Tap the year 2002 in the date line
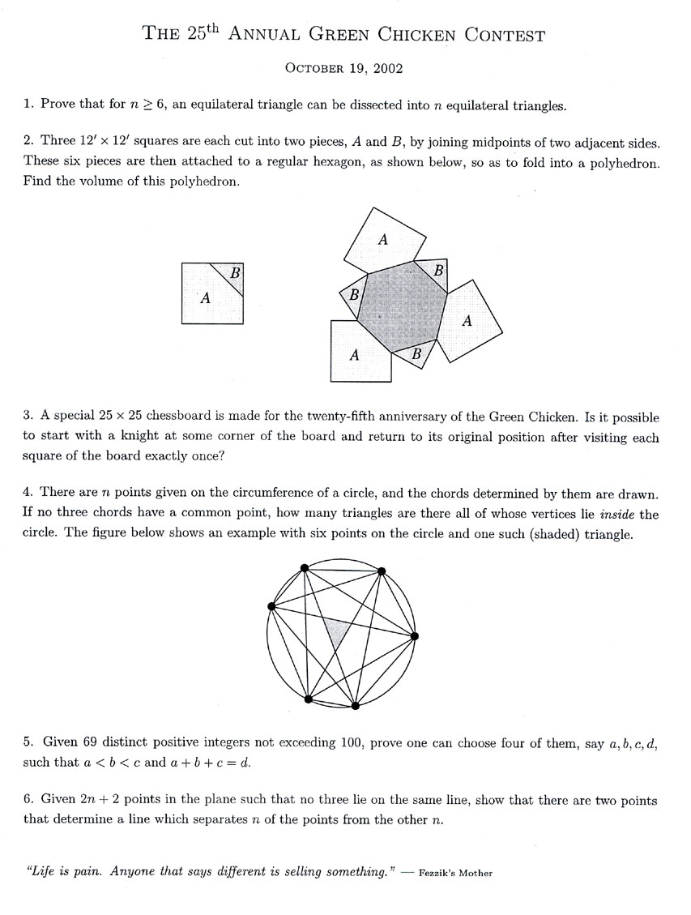coord(386,69)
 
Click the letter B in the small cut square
coord(235,273)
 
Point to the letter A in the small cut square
coord(205,298)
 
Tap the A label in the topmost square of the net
coord(383,239)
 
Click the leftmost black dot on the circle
coord(271,605)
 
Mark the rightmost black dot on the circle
coord(415,636)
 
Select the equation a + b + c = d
coord(225,763)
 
